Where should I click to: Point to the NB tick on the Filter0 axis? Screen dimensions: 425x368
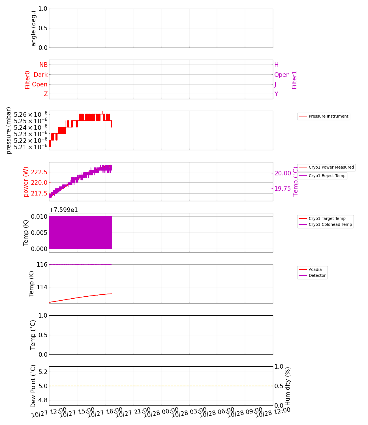[x=44, y=65]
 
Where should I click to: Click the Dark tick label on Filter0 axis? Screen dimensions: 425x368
[x=41, y=75]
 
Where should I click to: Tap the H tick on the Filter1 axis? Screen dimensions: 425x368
[x=277, y=65]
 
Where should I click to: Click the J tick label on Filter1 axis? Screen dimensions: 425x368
[x=275, y=84]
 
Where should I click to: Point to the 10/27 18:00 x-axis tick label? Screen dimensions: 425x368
[x=105, y=413]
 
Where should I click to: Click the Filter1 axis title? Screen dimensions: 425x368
[x=294, y=80]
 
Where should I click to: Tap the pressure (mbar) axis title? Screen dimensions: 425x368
[x=9, y=130]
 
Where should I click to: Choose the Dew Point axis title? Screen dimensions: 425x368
[x=33, y=386]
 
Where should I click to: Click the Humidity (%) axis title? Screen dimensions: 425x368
[x=288, y=386]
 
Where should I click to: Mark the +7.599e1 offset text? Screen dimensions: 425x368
[x=63, y=210]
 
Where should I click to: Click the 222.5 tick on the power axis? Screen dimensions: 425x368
[x=39, y=172]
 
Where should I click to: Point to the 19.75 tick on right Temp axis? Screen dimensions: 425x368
[x=283, y=189]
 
